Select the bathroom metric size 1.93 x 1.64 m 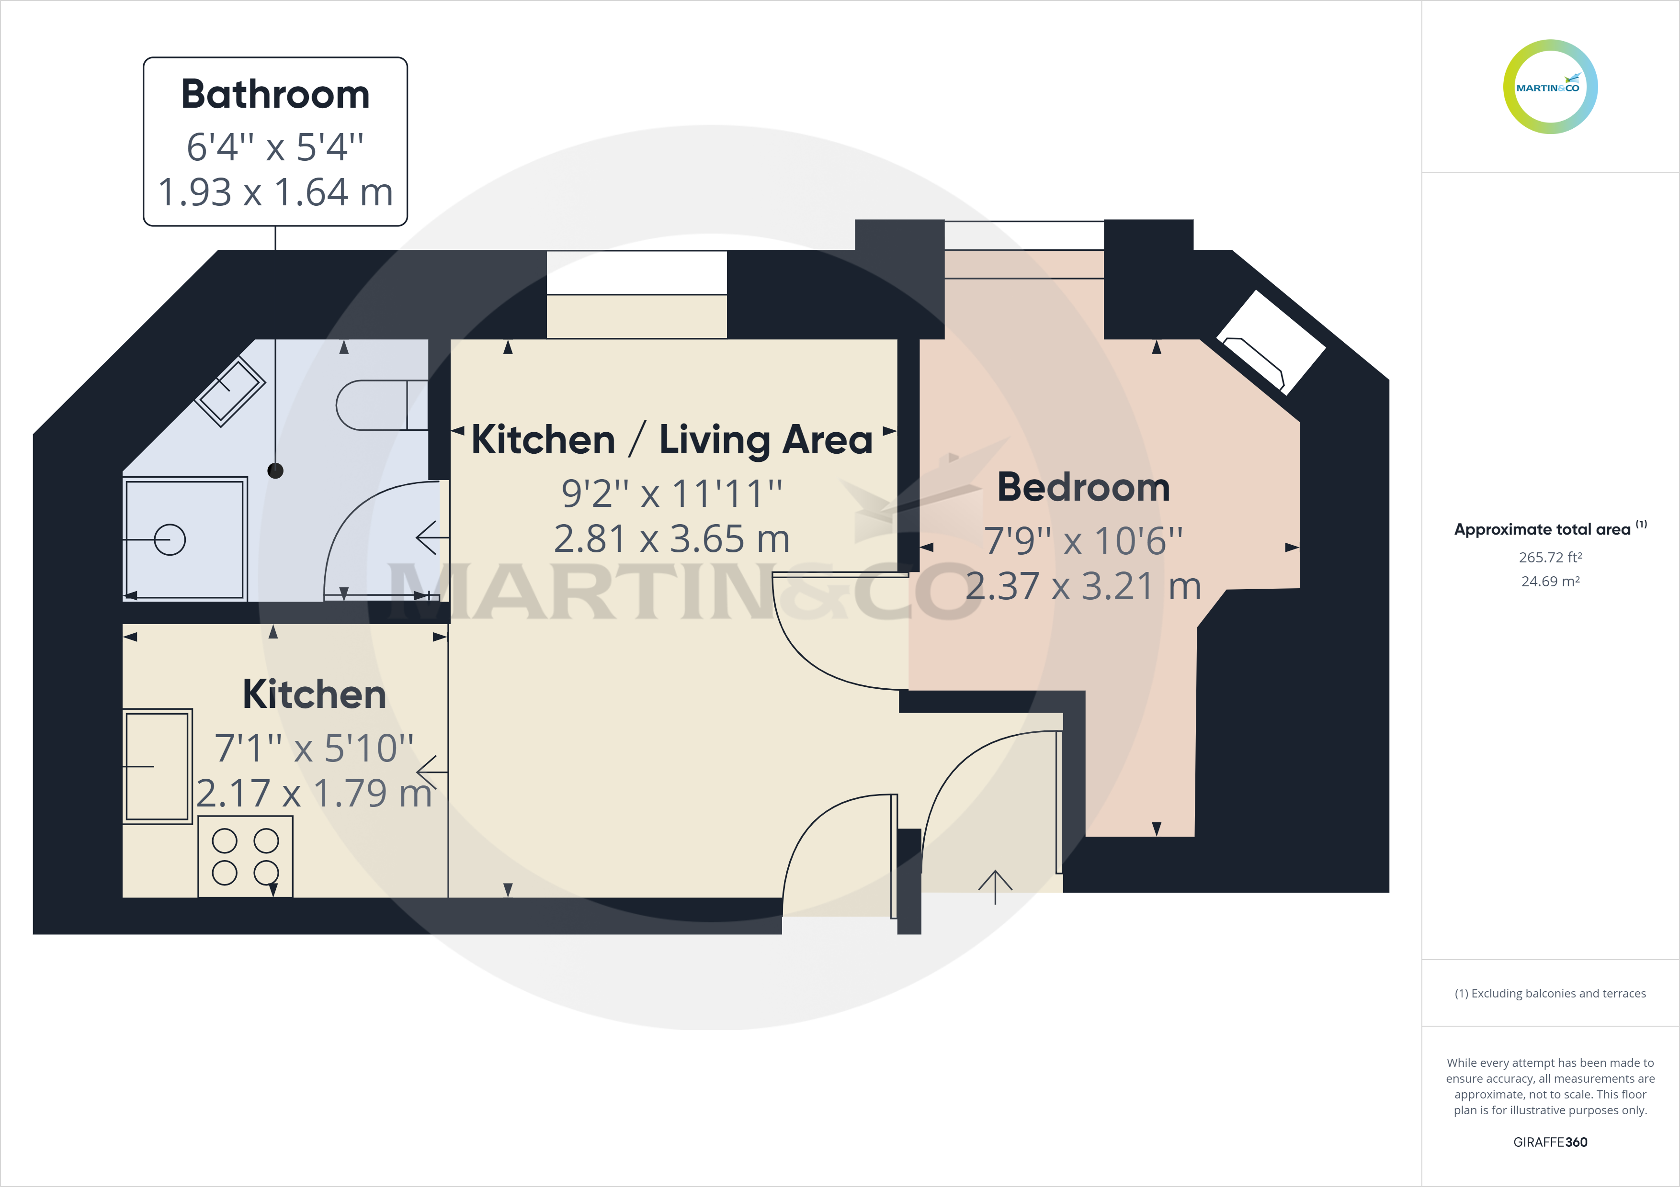(x=275, y=192)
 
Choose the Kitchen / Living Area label (x=672, y=440)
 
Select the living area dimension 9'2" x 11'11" (x=672, y=493)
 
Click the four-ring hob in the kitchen (x=245, y=856)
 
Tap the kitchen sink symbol (x=157, y=766)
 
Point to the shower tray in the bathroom (x=184, y=539)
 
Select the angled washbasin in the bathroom (x=230, y=391)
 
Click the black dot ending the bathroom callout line (x=275, y=471)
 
